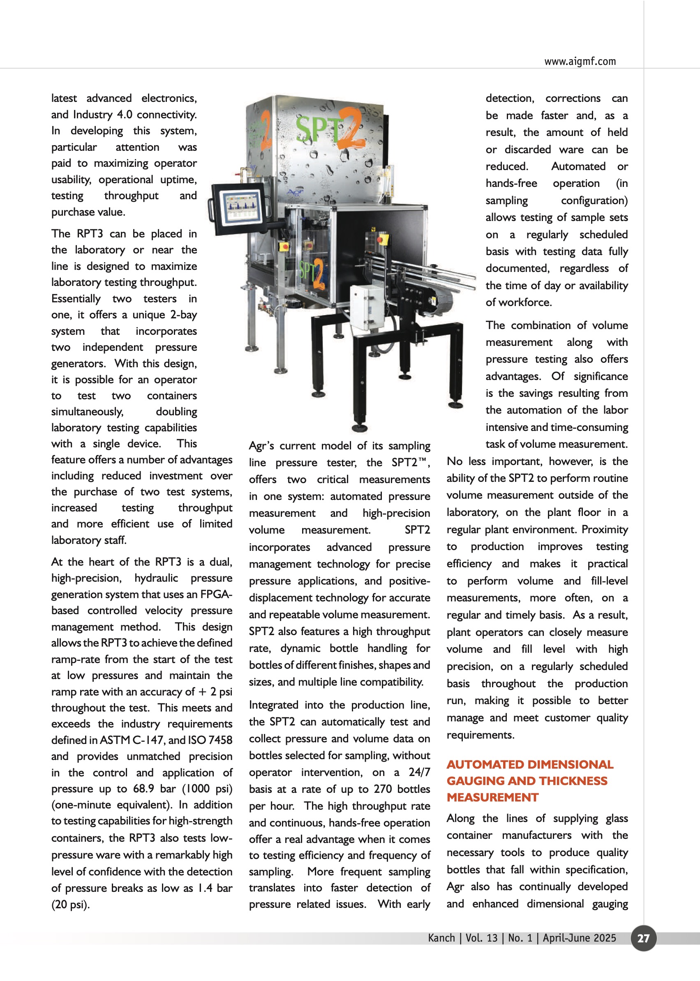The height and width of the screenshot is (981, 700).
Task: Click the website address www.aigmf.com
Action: (580, 61)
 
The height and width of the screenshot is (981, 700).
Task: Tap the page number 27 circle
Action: (643, 938)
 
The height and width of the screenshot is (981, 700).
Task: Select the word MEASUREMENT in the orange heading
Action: (492, 797)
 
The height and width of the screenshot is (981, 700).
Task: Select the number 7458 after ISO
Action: (220, 740)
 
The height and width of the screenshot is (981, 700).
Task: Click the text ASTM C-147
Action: (132, 740)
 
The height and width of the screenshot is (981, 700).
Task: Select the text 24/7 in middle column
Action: (419, 772)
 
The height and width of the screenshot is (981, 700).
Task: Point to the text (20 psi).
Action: (70, 904)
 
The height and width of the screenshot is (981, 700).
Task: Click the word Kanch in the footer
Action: (441, 938)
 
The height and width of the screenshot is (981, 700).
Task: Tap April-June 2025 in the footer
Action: (579, 938)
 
